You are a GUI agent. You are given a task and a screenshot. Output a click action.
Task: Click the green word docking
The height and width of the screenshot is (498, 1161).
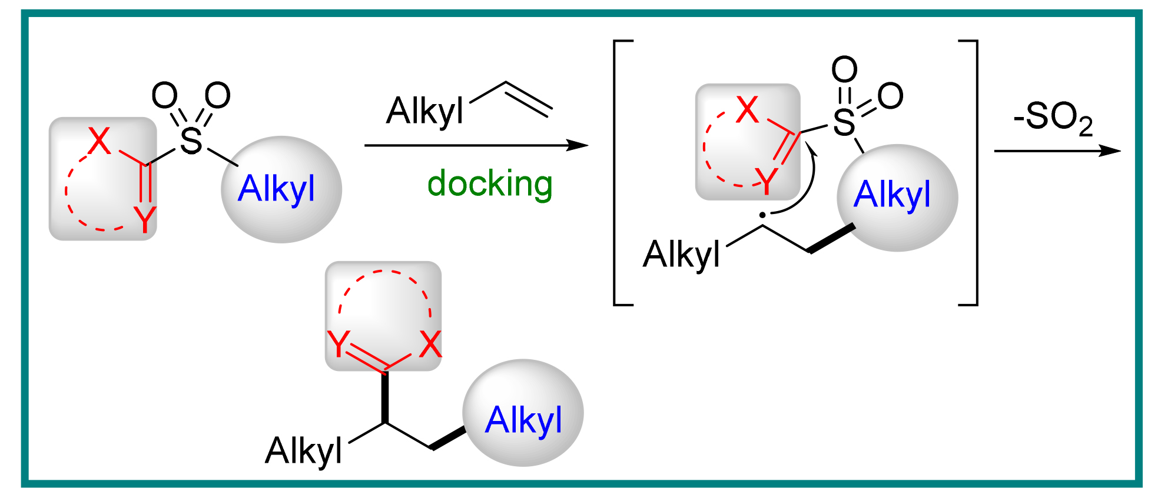pos(490,184)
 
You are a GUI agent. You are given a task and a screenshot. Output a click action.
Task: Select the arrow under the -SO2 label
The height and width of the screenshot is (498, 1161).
pos(1057,151)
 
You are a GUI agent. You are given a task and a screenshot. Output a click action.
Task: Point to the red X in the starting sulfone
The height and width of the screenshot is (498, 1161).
pos(99,141)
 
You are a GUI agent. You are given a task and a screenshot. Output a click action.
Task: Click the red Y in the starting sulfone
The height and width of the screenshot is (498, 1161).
pos(145,219)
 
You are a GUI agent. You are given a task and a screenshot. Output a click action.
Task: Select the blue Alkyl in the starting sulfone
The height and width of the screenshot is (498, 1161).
pos(276,189)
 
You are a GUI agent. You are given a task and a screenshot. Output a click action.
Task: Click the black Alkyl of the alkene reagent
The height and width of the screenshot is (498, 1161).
pos(425,111)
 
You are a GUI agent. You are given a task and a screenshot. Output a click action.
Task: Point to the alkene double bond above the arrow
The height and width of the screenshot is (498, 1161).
pos(528,98)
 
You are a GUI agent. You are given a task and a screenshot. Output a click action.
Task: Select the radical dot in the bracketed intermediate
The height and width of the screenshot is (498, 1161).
pos(762,215)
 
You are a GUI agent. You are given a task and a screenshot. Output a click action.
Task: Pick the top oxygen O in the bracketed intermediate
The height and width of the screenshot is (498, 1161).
pos(844,69)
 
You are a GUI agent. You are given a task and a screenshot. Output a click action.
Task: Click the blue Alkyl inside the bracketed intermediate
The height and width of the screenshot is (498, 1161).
pos(892,195)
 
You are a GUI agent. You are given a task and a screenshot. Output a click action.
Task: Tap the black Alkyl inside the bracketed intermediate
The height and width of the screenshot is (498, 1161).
pos(682,255)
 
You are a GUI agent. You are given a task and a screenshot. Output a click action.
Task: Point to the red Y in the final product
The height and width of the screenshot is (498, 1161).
pos(339,344)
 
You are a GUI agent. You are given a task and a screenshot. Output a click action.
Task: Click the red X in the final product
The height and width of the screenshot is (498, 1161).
pos(430,344)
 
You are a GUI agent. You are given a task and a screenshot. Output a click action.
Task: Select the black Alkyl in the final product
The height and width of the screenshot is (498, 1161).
pos(304,451)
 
